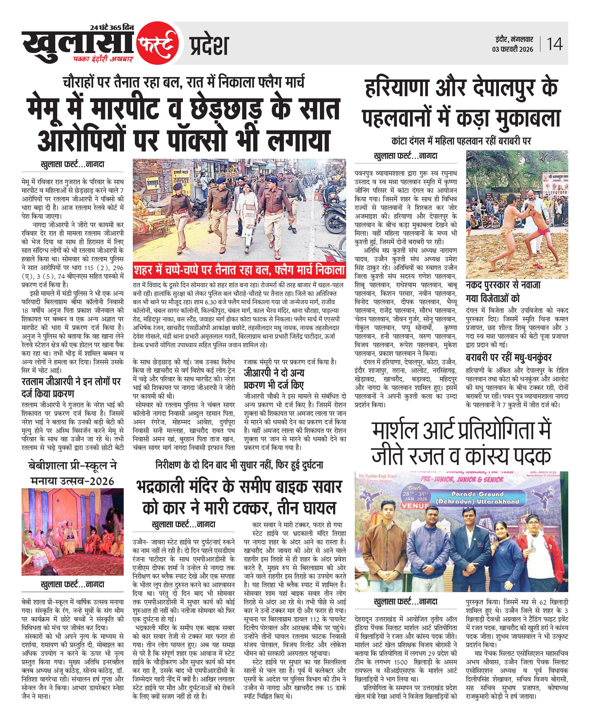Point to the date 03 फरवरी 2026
coord(512,49)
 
